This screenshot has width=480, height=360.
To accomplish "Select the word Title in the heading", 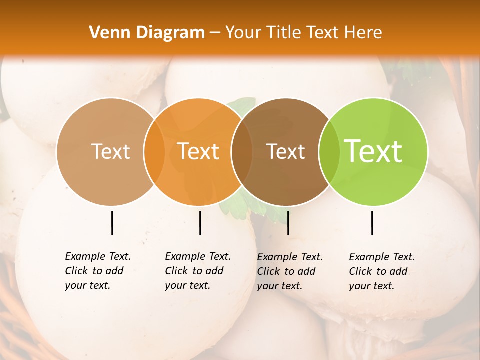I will click(x=284, y=33).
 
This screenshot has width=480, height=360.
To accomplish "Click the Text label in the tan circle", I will click(x=110, y=151).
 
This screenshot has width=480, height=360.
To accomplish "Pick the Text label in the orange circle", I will click(x=198, y=151).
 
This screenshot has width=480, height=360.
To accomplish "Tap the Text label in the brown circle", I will click(x=286, y=151).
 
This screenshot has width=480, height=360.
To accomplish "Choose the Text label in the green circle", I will click(x=373, y=151).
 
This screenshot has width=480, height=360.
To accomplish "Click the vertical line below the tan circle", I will click(x=112, y=223).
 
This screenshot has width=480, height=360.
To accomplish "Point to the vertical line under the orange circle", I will click(x=200, y=223).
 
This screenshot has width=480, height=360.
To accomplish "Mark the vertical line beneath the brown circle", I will click(x=288, y=223).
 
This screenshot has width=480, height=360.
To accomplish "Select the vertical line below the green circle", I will click(x=372, y=223).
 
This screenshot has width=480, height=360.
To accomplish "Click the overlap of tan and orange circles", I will click(x=154, y=151).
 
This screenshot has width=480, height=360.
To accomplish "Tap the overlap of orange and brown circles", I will click(x=242, y=151).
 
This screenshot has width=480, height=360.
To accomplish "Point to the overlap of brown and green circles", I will click(x=329, y=151).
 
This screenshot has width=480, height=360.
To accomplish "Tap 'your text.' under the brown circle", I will click(x=280, y=286).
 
